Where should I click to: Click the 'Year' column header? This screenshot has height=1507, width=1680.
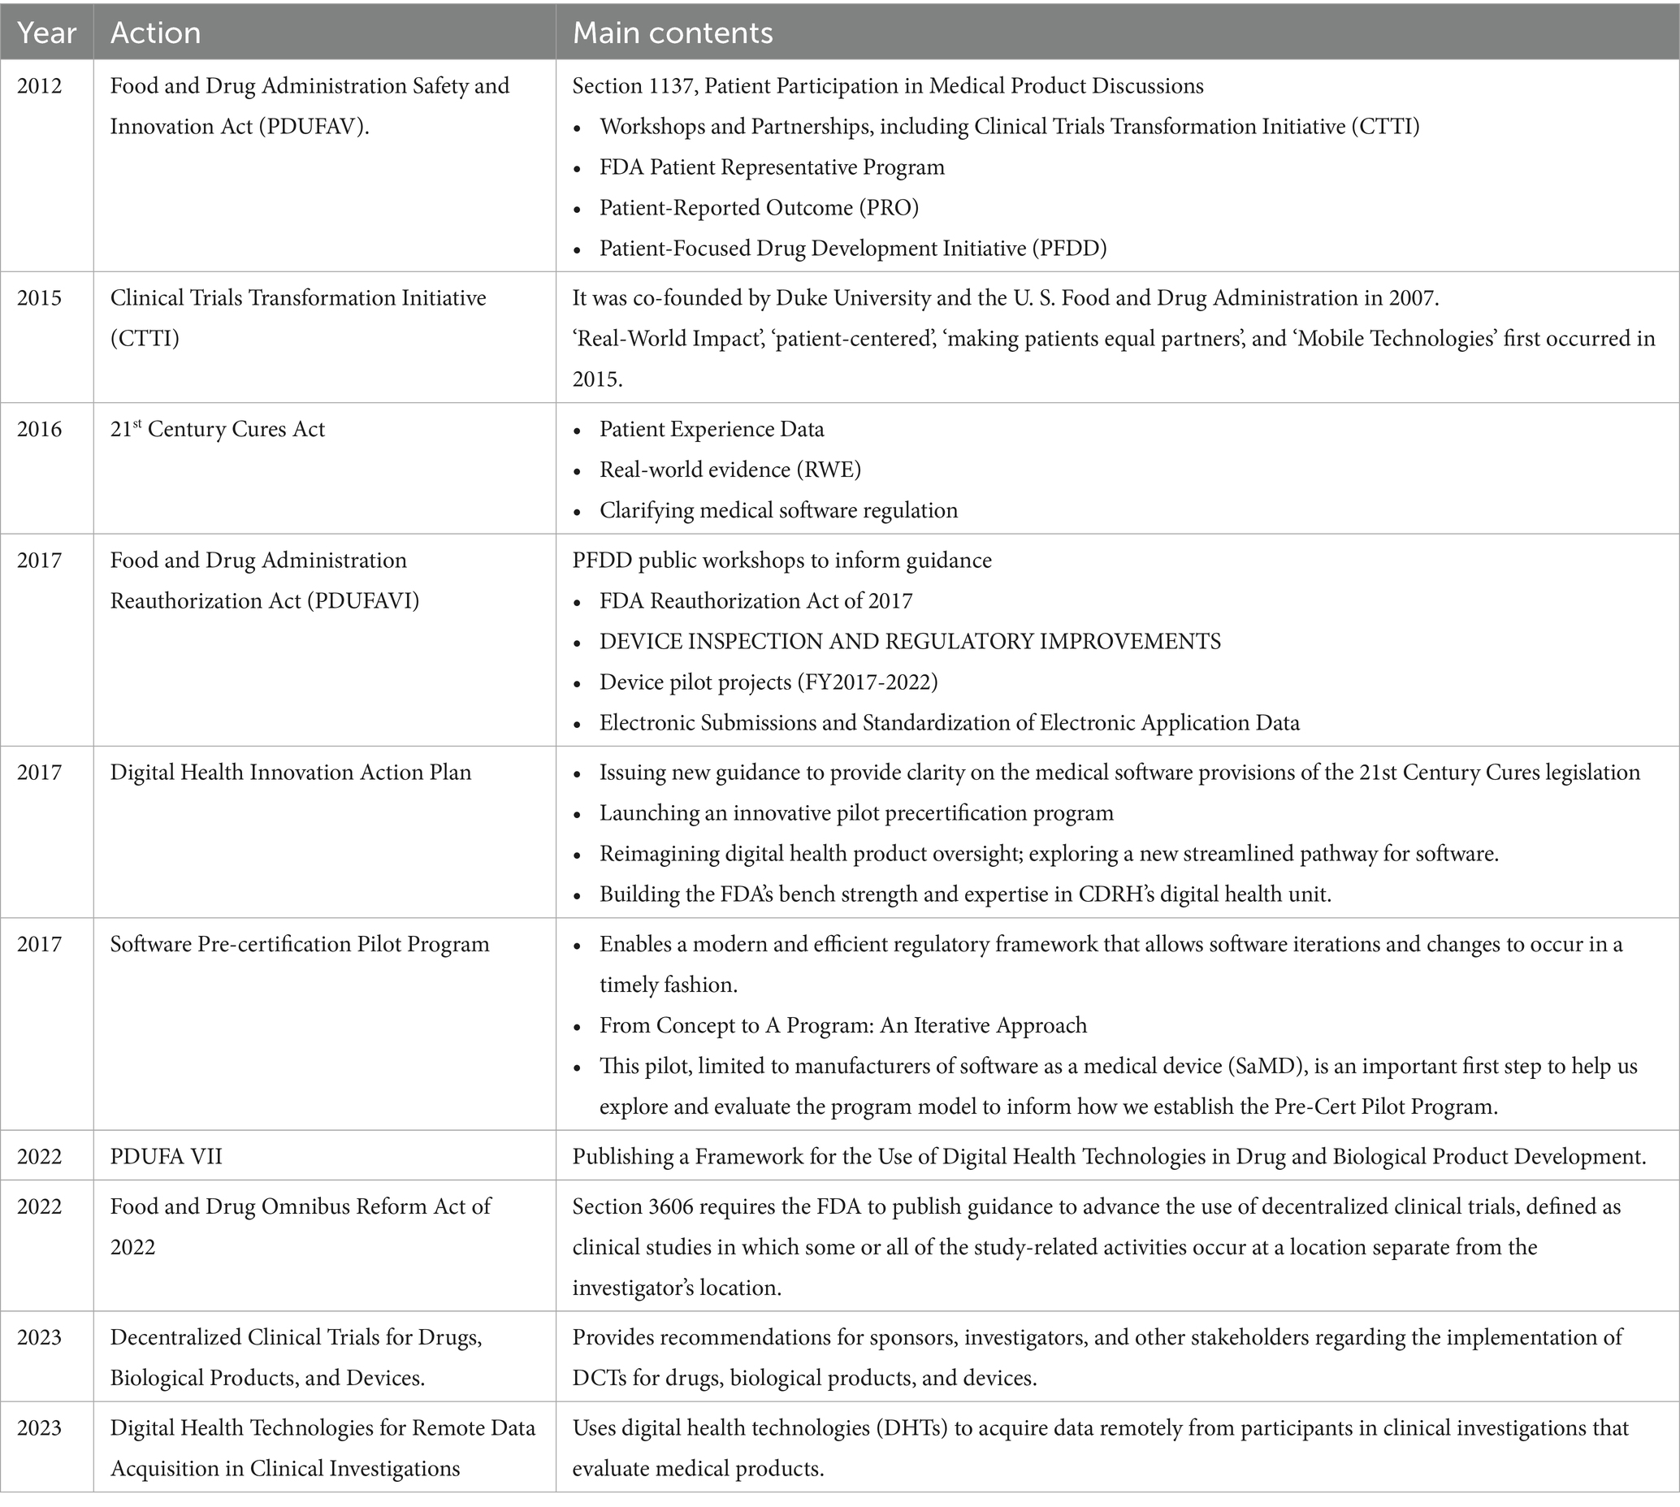pos(46,32)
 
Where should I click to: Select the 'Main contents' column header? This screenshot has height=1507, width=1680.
pos(673,32)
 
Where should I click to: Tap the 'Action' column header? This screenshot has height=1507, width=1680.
pos(156,32)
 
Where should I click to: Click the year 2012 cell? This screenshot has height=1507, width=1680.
pos(39,86)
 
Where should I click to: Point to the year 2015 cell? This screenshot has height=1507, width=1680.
pos(39,298)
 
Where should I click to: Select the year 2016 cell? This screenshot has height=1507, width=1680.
pos(39,429)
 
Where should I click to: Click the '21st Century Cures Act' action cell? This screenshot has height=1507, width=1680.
pos(218,429)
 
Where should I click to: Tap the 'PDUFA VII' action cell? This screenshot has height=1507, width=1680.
pos(167,1156)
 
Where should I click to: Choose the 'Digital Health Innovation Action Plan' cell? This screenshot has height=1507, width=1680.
pos(291,773)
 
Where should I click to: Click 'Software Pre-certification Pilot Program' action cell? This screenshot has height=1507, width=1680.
pos(300,944)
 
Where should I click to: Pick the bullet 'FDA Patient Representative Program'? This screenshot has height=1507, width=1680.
pos(772,167)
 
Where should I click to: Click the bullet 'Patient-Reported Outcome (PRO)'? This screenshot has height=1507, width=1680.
pos(760,208)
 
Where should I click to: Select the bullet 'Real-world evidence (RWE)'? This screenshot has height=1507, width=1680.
pos(730,470)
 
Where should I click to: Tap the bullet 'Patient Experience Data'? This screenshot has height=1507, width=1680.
pos(712,430)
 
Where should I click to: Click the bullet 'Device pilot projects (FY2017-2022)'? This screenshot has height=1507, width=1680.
pos(769,682)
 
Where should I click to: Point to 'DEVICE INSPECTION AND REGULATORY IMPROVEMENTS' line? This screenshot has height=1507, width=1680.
pos(910,642)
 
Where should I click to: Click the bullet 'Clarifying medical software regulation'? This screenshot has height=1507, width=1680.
pos(778,511)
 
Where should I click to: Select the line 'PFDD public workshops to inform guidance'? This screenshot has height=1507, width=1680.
pos(782,561)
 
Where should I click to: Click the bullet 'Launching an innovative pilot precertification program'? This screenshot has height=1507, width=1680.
pos(856,813)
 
